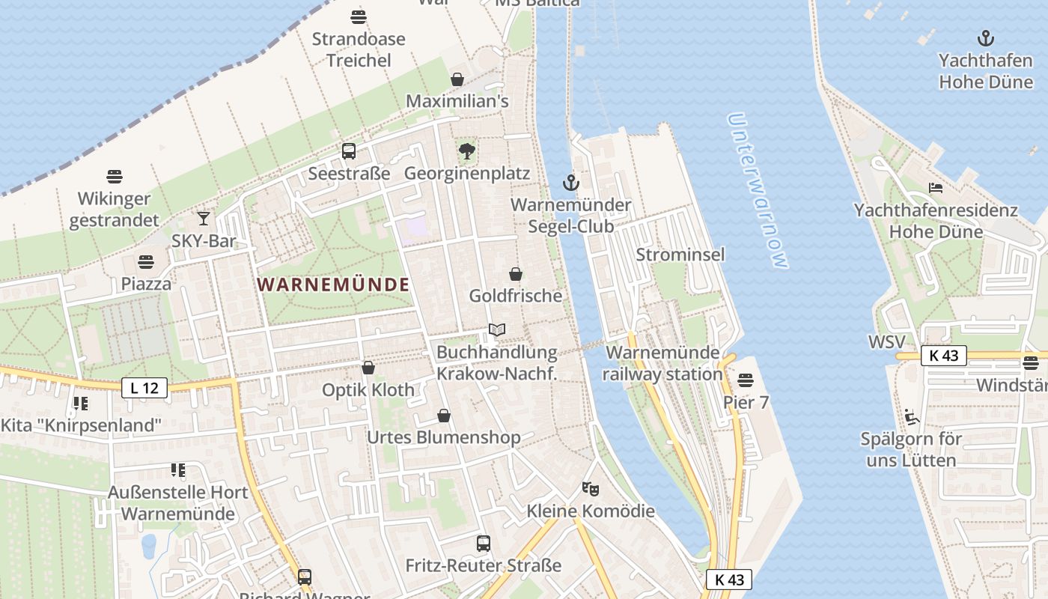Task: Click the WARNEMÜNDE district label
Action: click(x=333, y=285)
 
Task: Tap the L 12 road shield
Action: click(x=144, y=387)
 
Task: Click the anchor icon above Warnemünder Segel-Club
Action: click(x=571, y=182)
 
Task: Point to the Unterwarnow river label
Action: click(x=758, y=191)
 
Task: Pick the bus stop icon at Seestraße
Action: click(x=349, y=151)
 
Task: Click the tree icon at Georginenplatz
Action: click(x=467, y=151)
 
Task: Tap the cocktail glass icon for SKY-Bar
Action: click(x=204, y=219)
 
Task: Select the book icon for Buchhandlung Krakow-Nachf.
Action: click(x=497, y=329)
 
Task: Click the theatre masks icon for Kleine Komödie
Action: click(x=591, y=489)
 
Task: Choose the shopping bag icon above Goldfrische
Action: click(x=515, y=274)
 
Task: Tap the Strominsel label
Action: click(x=680, y=255)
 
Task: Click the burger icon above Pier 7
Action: click(x=746, y=380)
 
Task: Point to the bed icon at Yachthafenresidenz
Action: click(x=936, y=188)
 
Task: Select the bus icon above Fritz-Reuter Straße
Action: click(x=484, y=544)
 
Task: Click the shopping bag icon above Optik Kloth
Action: click(x=368, y=368)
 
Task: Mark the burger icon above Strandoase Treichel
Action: click(x=359, y=16)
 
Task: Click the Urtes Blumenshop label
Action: click(x=443, y=437)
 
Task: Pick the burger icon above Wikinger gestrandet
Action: click(x=115, y=177)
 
